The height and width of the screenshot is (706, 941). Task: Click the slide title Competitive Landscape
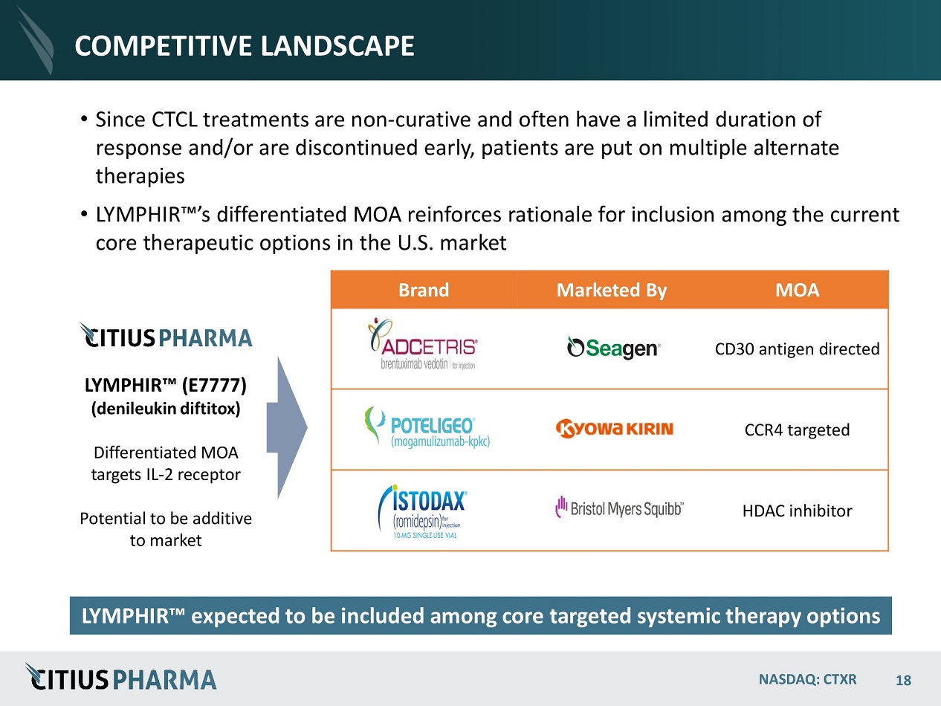[245, 45]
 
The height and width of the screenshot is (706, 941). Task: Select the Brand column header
[424, 290]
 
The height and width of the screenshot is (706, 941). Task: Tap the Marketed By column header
[611, 290]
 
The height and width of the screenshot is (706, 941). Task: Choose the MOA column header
[797, 290]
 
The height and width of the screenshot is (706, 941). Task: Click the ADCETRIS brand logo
[423, 344]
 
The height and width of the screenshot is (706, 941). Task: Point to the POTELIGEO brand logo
[427, 427]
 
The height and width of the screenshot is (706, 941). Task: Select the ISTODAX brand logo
[422, 511]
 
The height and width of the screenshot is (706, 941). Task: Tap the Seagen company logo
[613, 348]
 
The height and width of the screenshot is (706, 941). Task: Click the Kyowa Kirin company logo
[615, 429]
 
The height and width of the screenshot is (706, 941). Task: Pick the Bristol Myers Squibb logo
[619, 508]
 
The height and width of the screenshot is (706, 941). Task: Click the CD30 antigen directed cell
[797, 349]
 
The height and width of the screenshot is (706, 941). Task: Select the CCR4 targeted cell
[797, 430]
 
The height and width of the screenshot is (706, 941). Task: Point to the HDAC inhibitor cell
[797, 511]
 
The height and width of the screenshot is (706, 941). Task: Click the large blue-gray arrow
[286, 427]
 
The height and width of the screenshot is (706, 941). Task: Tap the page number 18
[903, 680]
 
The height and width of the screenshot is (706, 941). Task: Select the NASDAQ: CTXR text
[808, 679]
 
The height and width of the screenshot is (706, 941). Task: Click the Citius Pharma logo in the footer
[120, 677]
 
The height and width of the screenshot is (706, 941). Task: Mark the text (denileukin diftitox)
[166, 409]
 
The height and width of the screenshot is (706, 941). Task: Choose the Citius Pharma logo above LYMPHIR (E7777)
[166, 335]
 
